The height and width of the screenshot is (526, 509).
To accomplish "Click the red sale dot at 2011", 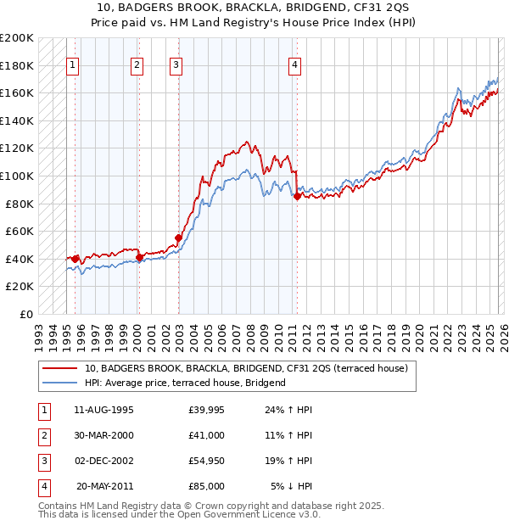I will [297, 196].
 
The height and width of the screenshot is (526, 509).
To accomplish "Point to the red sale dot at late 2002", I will [178, 238].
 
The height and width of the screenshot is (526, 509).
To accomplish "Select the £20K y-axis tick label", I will [20, 287].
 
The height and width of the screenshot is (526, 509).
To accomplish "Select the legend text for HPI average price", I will [185, 383].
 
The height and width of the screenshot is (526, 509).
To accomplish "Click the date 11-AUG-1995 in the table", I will [103, 411].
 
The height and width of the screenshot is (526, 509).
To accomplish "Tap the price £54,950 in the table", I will [207, 462].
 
